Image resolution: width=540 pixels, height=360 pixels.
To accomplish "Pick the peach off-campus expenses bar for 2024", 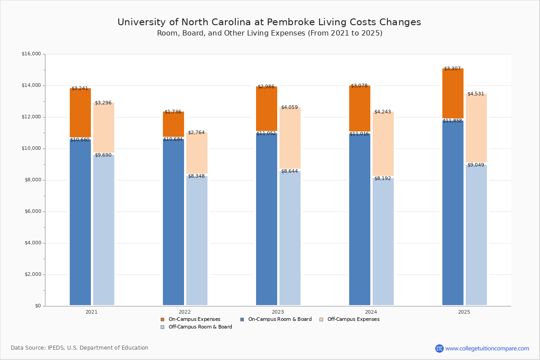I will (x=383, y=144).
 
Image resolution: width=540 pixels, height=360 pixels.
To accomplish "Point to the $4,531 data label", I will (x=476, y=94).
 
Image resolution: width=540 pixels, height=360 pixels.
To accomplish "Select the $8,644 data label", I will (x=290, y=171).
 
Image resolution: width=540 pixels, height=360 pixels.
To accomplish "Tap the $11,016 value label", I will (x=359, y=134).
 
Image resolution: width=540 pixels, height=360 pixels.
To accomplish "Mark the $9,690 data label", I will (x=103, y=155).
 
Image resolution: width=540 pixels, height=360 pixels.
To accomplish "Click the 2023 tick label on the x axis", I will (x=278, y=312).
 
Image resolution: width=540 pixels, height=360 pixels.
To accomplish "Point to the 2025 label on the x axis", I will (x=464, y=312).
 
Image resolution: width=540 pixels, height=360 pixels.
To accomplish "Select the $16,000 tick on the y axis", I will (x=31, y=54).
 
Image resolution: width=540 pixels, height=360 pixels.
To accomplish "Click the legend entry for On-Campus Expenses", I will (x=194, y=319).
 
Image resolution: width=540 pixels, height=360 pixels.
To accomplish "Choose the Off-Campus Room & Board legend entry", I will (x=200, y=327).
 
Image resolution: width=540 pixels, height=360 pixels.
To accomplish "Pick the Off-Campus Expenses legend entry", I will (x=353, y=319).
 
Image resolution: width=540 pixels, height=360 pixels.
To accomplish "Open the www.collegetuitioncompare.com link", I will (x=487, y=348).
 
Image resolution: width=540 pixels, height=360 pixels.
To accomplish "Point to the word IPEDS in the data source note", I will (x=57, y=348).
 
